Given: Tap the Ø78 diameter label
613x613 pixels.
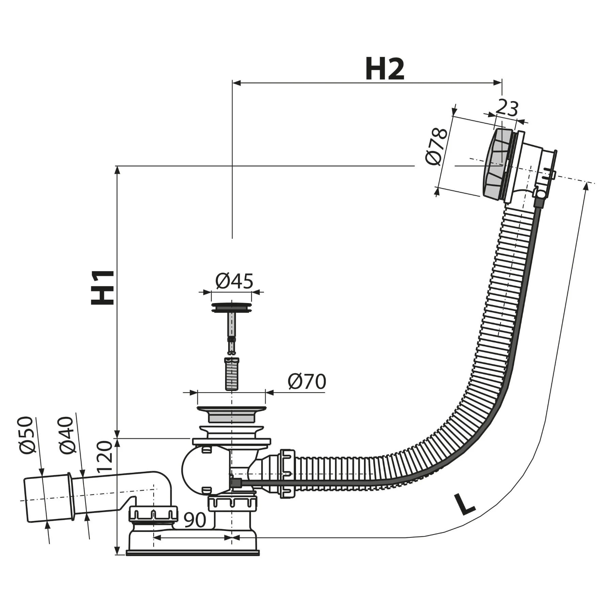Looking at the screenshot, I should pos(436,146).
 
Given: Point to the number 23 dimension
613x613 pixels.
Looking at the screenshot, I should pos(506,109).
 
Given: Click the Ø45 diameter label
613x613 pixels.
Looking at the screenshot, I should pos(234,281).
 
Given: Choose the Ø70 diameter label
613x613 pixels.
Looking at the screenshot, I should pos(306,381).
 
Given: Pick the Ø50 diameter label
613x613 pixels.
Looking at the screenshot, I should pos(28,435).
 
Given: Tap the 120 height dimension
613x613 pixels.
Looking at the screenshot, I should pos(104,456).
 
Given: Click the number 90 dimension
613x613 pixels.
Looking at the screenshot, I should pos(195,520).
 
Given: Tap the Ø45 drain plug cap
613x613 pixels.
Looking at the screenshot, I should pos(232,307).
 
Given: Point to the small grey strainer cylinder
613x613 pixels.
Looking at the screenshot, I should pos(232,373).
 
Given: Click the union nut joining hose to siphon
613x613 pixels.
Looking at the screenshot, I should pos(287,473).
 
